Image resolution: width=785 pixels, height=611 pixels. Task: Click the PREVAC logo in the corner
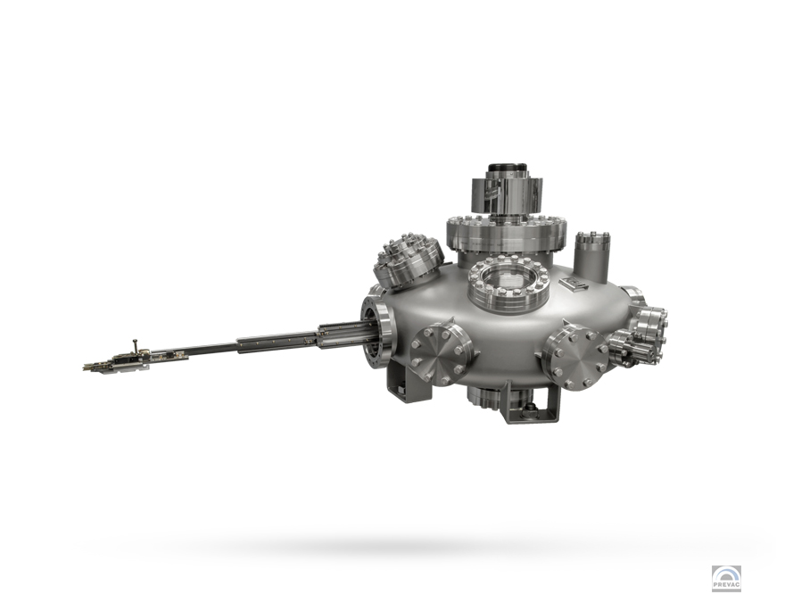726,579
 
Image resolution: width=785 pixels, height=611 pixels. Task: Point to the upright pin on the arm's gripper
135,346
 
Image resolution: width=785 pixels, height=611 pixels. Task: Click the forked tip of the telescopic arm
89,367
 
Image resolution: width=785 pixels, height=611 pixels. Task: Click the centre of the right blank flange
575,357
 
